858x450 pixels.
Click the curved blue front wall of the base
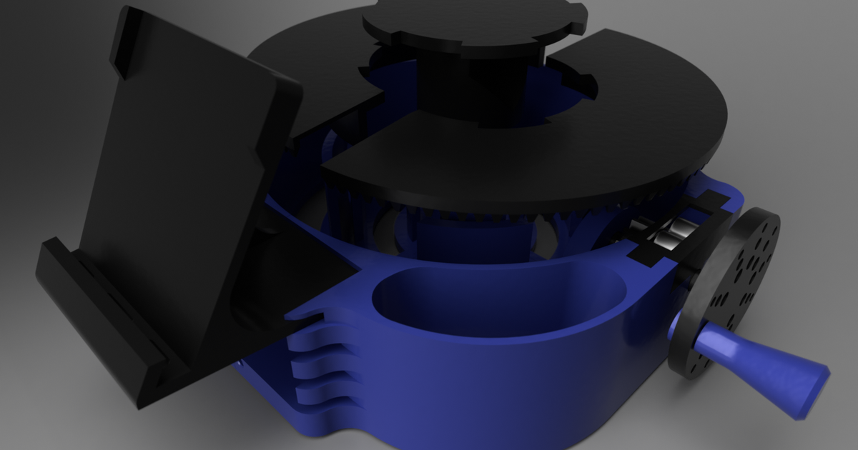[x=500, y=386]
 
